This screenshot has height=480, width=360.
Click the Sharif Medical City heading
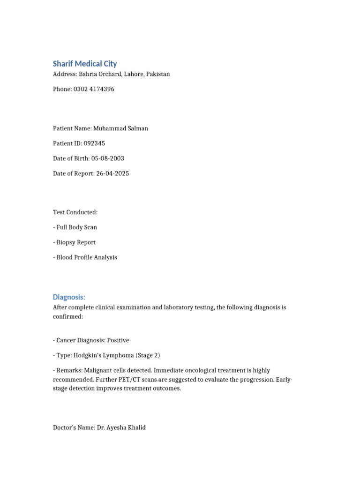point(85,64)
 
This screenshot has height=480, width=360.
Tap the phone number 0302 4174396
point(94,89)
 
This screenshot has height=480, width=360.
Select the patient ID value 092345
point(98,143)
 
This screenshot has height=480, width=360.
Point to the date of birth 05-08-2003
point(108,158)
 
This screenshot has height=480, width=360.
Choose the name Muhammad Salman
point(120,128)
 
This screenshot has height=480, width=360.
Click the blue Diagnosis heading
point(69,297)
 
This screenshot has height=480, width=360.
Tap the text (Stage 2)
point(149,355)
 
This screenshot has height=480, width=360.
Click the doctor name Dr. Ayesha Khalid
point(121,427)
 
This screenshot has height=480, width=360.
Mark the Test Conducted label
point(75,212)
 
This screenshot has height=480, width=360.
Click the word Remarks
point(68,370)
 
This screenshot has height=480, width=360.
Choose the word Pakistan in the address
point(158,74)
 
